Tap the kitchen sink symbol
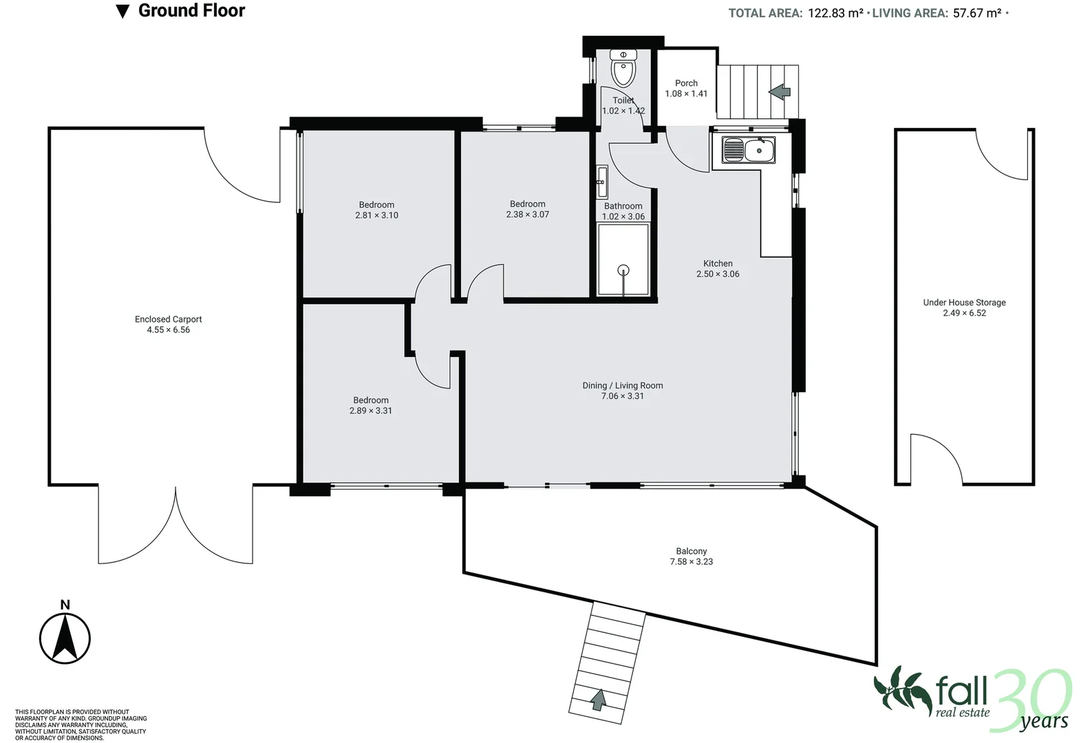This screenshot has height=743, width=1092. [749, 150]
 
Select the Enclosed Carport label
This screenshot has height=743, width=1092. [168, 319]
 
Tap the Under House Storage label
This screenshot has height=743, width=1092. [964, 302]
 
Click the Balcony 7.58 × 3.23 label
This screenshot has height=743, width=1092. [691, 557]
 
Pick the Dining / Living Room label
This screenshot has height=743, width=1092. [622, 385]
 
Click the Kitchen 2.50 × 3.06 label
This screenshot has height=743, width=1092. [718, 268]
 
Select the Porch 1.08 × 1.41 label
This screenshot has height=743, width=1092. [686, 88]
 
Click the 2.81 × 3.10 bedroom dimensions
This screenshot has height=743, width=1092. [376, 215]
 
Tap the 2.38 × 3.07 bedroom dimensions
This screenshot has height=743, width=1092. [527, 215]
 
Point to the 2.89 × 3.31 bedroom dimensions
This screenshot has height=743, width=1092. [370, 411]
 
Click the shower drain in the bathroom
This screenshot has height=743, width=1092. [623, 270]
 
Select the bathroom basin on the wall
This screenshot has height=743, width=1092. [602, 182]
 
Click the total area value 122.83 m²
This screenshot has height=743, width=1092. [835, 13]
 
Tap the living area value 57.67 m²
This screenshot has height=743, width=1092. [977, 13]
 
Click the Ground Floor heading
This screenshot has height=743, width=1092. [191, 11]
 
